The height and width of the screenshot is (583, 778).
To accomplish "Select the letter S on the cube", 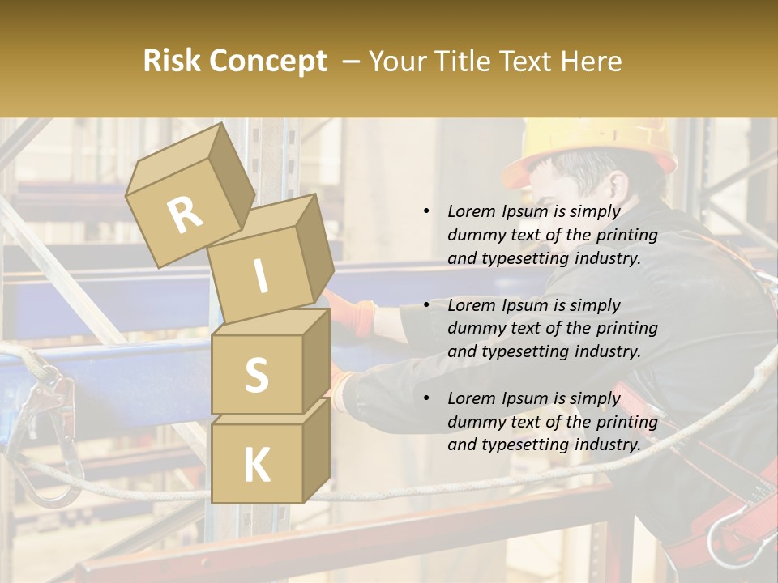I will (256, 375).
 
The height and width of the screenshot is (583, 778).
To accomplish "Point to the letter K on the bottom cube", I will (256, 465).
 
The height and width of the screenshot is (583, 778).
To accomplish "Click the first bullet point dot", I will (426, 212).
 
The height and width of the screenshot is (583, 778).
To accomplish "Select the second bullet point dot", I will (426, 305).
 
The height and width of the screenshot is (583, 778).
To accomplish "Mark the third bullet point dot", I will (426, 398).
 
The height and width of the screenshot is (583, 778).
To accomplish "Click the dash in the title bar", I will (351, 62).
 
